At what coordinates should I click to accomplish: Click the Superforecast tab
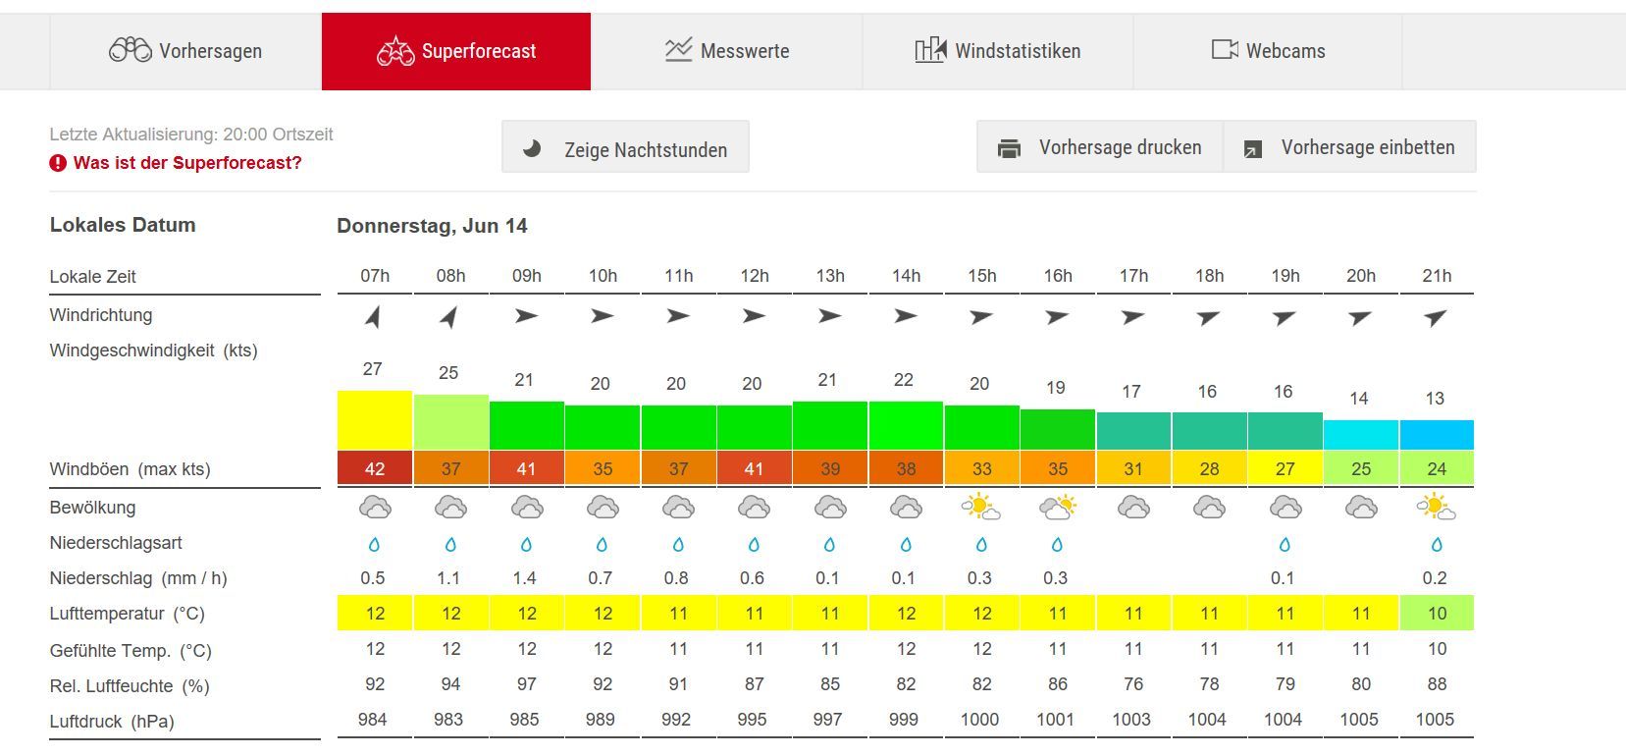(x=456, y=51)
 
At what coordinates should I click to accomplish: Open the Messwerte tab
(x=727, y=51)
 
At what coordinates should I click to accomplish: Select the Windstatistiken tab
(x=998, y=51)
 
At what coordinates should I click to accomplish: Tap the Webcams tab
(x=1268, y=51)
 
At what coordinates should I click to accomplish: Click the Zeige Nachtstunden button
(x=625, y=148)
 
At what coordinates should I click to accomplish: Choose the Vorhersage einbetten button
(x=1350, y=147)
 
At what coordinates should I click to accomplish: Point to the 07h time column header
(x=375, y=276)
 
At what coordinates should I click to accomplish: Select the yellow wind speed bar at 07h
(x=375, y=420)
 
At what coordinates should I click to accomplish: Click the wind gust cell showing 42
(x=375, y=469)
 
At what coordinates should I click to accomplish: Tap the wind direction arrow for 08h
(x=449, y=316)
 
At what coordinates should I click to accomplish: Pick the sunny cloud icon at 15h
(x=981, y=508)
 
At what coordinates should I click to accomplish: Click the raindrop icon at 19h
(x=1285, y=544)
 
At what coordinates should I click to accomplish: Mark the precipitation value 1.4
(x=525, y=578)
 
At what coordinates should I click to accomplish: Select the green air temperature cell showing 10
(x=1437, y=614)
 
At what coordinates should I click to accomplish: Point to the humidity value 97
(x=527, y=684)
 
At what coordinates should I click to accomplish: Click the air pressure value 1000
(x=980, y=720)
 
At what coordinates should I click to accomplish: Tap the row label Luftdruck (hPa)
(x=112, y=722)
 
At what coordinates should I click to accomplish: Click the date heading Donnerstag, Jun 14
(x=432, y=226)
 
